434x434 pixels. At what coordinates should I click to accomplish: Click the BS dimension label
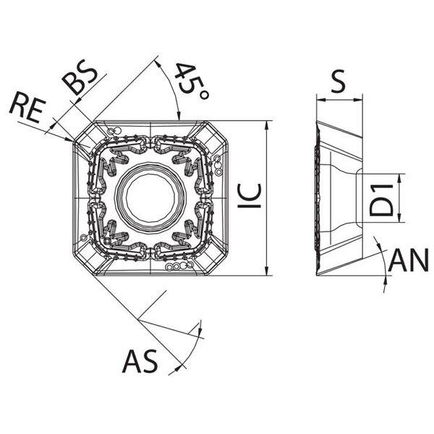80,80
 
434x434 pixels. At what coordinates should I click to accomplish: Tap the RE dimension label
27,107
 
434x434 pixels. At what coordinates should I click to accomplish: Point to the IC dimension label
250,196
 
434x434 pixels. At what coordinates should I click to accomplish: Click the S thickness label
339,81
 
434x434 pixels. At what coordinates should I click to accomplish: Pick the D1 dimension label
381,200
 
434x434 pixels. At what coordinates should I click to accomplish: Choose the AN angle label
409,260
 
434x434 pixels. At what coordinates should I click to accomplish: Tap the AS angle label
140,361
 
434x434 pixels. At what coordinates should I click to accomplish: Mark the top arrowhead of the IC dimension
266,125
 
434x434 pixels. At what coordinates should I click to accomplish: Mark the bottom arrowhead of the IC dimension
266,271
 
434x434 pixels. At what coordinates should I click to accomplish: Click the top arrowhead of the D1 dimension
399,179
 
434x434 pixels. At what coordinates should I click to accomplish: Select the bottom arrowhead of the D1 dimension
399,218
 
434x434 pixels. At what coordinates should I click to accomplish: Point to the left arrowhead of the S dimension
320,100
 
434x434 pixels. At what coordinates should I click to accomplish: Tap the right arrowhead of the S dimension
357,100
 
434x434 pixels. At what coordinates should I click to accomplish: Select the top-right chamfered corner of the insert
217,132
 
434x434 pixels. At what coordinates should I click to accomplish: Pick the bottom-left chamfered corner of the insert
84,264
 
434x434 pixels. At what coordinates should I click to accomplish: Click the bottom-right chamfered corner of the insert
217,264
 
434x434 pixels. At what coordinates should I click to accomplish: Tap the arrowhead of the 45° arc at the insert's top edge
179,116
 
